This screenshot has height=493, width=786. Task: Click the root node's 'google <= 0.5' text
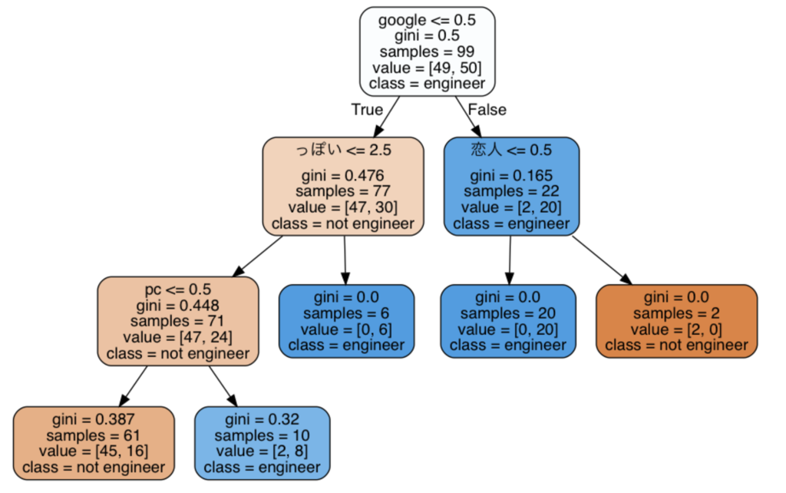click(x=427, y=20)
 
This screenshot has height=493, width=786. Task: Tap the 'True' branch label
click(x=367, y=109)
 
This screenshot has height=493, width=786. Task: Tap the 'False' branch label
click(x=487, y=109)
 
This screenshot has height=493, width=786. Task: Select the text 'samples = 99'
click(x=427, y=51)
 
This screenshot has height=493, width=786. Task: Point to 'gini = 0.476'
click(x=343, y=176)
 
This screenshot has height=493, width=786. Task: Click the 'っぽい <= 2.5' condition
click(x=343, y=150)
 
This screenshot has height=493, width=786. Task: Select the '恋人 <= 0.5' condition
click(x=511, y=150)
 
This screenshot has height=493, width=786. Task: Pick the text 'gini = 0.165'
click(x=511, y=176)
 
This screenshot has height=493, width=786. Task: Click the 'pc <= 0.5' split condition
click(x=178, y=290)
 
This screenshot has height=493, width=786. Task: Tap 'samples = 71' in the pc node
click(x=177, y=321)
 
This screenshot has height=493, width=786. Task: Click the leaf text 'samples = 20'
click(x=508, y=313)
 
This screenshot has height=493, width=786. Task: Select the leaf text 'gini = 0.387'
click(x=93, y=419)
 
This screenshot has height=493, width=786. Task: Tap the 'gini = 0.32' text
click(x=263, y=419)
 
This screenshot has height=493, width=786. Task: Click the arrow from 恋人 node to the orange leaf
click(x=602, y=260)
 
